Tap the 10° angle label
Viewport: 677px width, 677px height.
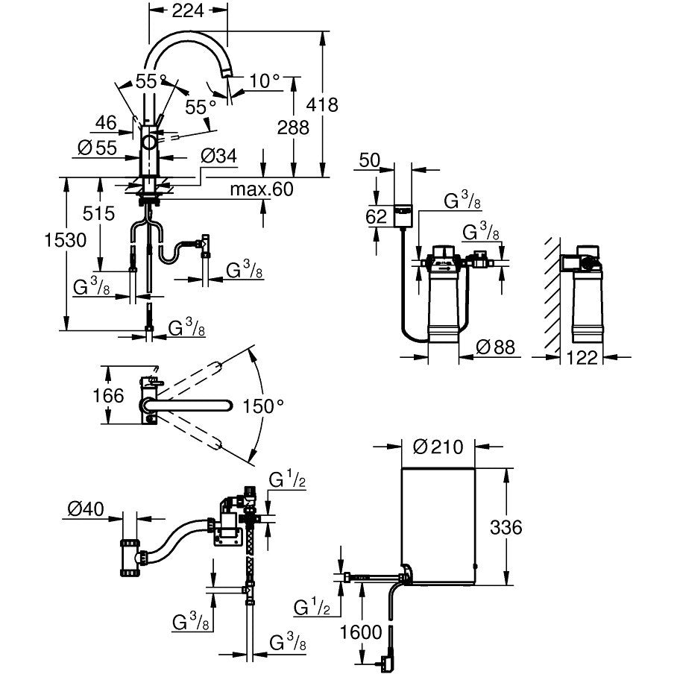pos(265,80)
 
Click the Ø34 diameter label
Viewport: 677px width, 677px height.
pos(218,156)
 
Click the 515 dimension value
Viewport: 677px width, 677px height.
pos(98,214)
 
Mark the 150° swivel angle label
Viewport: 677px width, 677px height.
pos(263,406)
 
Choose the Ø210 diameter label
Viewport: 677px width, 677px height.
pos(438,447)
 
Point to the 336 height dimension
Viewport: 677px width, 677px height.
pos(506,528)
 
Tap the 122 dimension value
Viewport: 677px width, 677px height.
pos(582,358)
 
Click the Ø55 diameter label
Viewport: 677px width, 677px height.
pos(98,148)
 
